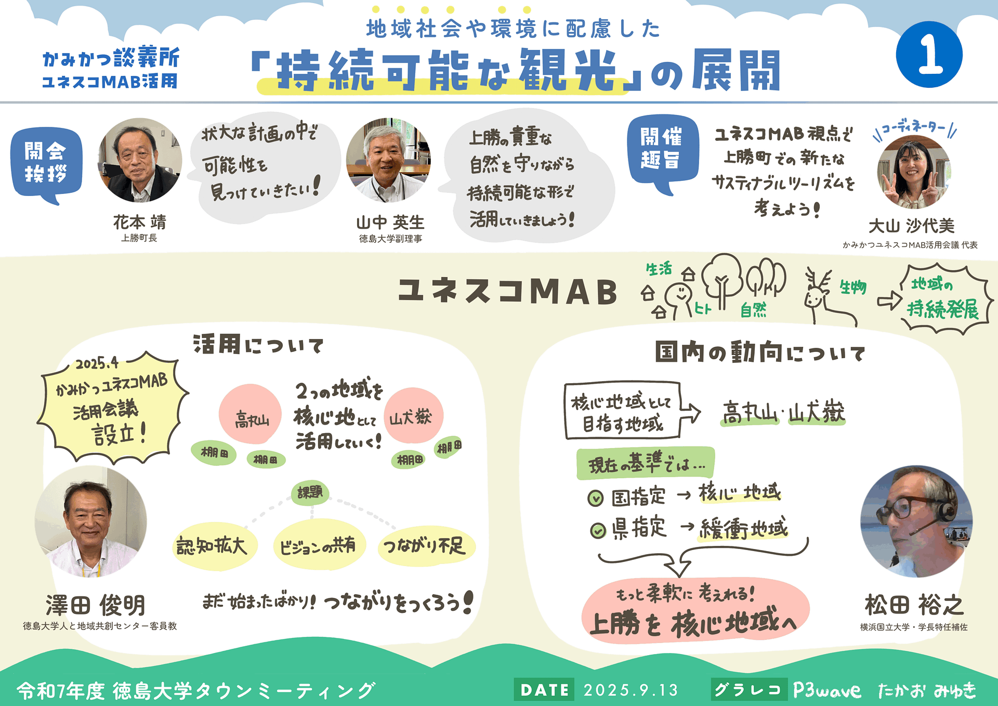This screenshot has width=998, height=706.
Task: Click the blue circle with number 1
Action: tap(929, 54)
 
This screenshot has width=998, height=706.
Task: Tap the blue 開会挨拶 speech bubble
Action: tap(46, 164)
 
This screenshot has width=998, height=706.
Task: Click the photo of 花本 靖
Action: tap(140, 160)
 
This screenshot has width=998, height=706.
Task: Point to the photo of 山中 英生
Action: tap(388, 160)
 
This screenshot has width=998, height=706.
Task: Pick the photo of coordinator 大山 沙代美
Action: tap(913, 172)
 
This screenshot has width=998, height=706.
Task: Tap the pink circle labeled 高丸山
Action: tap(250, 414)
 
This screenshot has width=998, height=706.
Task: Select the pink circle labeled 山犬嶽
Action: tap(413, 415)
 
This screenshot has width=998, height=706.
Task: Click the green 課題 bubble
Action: tap(310, 492)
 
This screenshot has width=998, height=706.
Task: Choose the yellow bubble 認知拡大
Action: tap(215, 546)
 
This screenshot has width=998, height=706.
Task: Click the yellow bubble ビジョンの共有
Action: tap(319, 545)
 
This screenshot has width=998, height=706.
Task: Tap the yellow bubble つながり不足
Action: tap(425, 545)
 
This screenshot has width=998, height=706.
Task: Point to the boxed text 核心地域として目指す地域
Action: tap(622, 411)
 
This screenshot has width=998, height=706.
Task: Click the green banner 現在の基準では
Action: tap(646, 463)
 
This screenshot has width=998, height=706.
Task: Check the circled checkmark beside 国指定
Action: tap(595, 499)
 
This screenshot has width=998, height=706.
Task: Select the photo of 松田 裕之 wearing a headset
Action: tap(916, 521)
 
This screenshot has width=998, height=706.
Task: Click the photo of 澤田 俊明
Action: tap(91, 521)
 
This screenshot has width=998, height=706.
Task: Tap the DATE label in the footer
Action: tap(544, 690)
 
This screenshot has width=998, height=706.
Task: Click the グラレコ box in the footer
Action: tap(748, 690)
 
